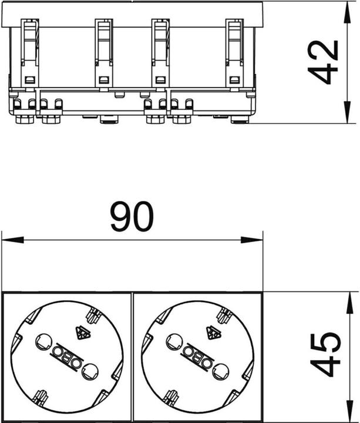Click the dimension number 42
324,62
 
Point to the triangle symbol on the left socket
82,334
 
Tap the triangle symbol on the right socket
213,334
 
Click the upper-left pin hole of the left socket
42,340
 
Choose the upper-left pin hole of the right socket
173,340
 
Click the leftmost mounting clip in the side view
29,53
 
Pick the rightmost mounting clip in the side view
234,53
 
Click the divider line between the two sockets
132,355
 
